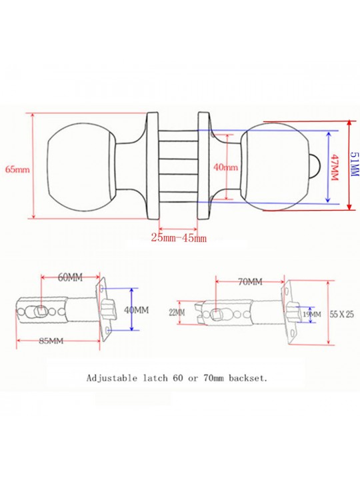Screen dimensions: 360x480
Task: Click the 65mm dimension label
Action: coord(17,169)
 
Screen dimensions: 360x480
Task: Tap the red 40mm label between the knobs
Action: coord(225,167)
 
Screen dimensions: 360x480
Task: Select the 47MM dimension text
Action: coord(335,167)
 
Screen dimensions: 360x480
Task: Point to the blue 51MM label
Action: coord(354,164)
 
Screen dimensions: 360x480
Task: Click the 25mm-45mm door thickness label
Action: coord(179,237)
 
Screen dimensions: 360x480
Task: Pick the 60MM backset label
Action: coord(70,277)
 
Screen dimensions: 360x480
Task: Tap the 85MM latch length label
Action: coord(51,341)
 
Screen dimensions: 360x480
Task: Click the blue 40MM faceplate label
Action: coord(137,310)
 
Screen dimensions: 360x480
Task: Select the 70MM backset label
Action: coord(250,281)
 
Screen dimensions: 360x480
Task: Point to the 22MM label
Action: coord(177,313)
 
